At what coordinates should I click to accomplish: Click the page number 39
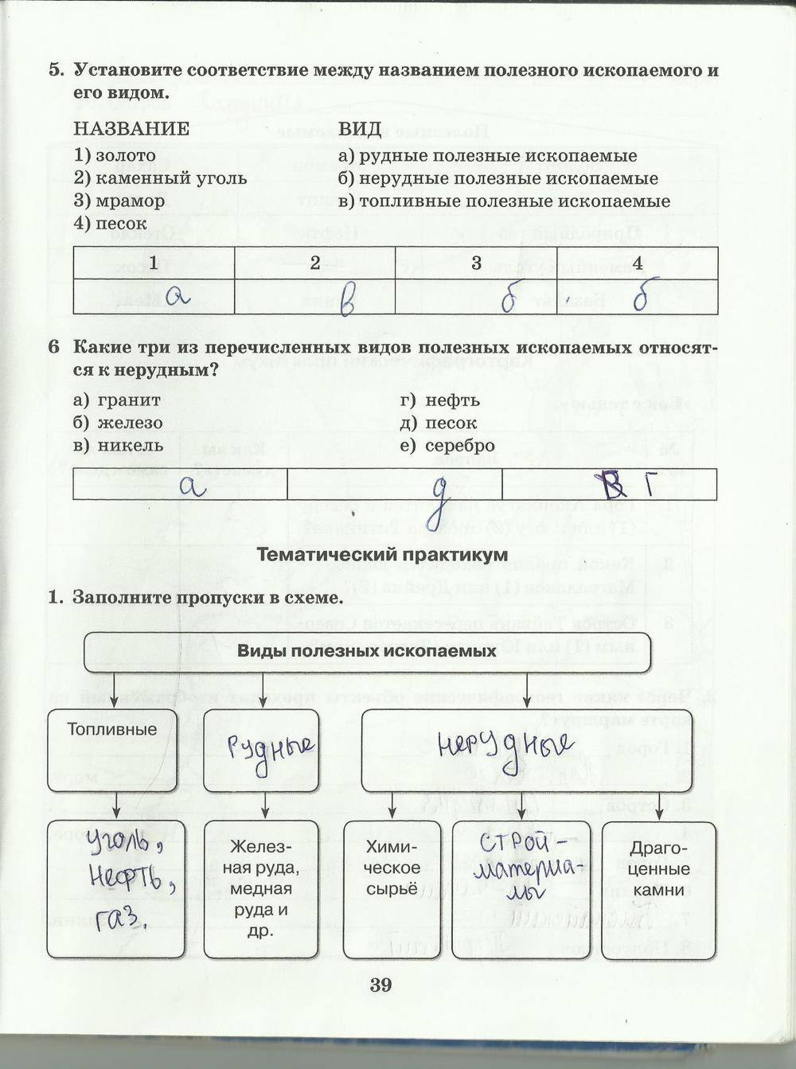[380, 985]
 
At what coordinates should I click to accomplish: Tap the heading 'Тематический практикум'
[382, 555]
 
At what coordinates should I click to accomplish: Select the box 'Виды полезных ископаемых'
[367, 650]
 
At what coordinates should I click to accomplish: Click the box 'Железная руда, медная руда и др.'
[260, 888]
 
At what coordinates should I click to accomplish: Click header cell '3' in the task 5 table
[476, 263]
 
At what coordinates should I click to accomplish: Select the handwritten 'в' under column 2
[346, 300]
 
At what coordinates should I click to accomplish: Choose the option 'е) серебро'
[447, 446]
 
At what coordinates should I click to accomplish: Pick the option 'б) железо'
[118, 423]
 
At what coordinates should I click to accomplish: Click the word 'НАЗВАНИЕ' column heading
[131, 130]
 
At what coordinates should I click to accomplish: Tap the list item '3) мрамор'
[119, 201]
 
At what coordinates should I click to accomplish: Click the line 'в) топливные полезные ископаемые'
[504, 201]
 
